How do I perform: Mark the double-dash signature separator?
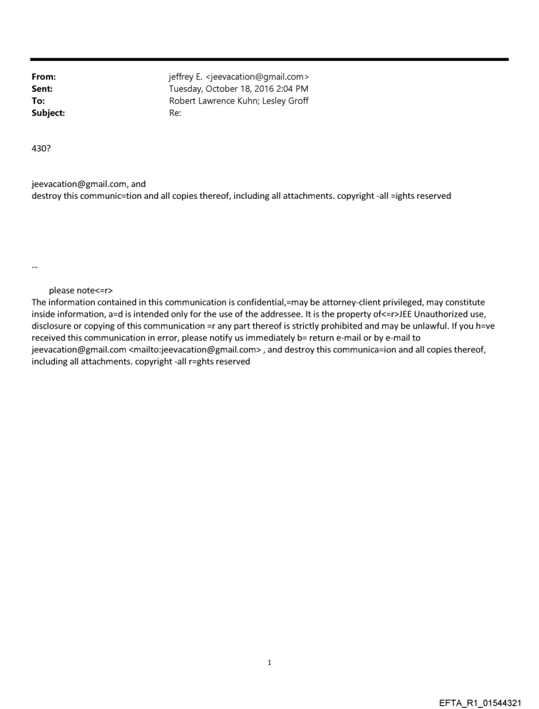point(34,266)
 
